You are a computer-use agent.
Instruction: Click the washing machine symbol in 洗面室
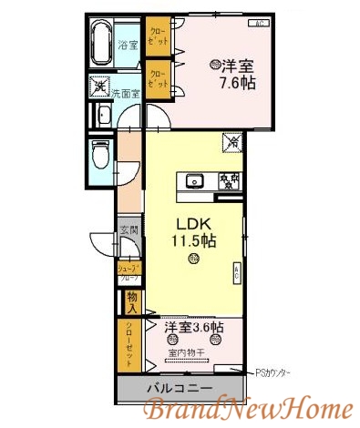(100, 87)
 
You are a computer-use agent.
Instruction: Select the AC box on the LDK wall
(236, 272)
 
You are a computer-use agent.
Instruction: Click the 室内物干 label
(187, 352)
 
